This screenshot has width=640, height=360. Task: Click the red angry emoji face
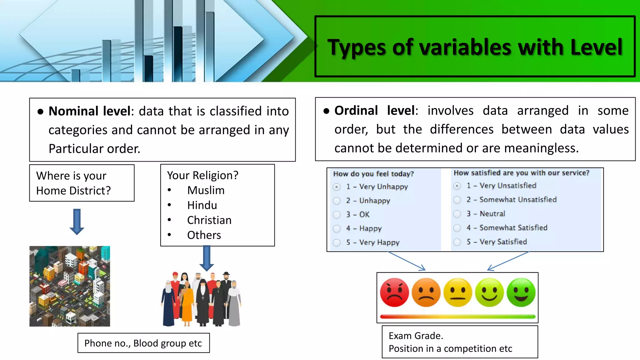(x=394, y=292)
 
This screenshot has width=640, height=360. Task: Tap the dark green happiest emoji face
(x=521, y=292)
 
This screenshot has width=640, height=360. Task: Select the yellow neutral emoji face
(x=458, y=292)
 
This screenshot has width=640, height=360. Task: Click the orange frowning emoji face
(x=426, y=292)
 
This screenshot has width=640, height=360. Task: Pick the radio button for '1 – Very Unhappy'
(x=337, y=187)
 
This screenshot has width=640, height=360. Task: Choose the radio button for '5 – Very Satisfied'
(x=457, y=242)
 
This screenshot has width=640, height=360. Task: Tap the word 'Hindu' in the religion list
(x=202, y=205)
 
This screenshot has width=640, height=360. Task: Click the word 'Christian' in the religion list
(x=209, y=220)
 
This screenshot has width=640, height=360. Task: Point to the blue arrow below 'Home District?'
(x=77, y=222)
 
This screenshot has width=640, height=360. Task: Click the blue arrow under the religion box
(x=207, y=258)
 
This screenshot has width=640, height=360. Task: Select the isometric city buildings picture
(x=70, y=286)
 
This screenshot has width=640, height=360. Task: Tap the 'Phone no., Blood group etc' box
(x=143, y=343)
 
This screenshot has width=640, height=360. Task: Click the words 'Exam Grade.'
(x=416, y=336)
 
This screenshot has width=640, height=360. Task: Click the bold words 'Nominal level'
(x=89, y=111)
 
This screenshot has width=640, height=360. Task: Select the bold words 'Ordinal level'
(x=375, y=111)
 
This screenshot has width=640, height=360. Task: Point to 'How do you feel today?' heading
(x=373, y=174)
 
